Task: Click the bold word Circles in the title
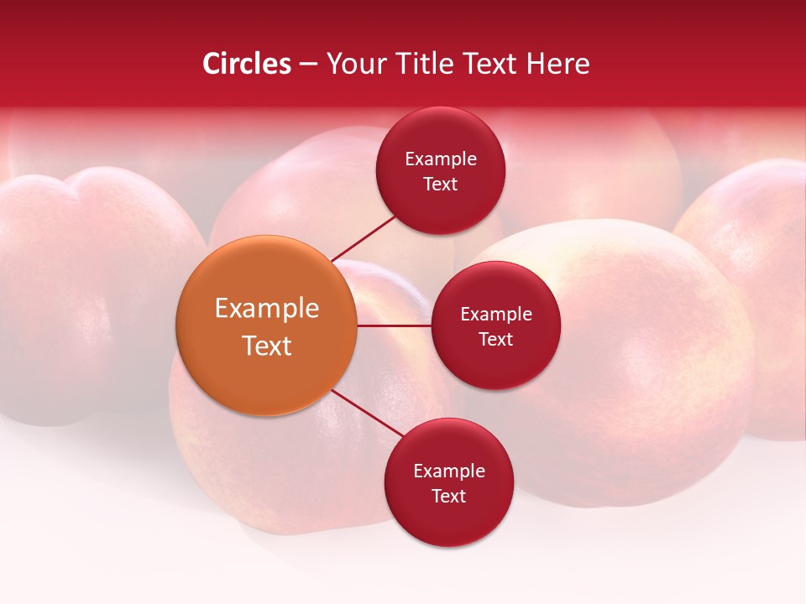(246, 64)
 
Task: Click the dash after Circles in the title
(308, 65)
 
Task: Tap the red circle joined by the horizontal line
(495, 325)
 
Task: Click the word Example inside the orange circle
(266, 309)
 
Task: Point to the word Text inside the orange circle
(266, 346)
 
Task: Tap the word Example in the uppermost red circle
(440, 159)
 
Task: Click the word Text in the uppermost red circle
(440, 185)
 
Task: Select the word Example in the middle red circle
(495, 315)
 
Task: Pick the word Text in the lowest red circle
(448, 496)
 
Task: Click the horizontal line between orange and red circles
(394, 325)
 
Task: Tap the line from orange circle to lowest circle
(368, 414)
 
